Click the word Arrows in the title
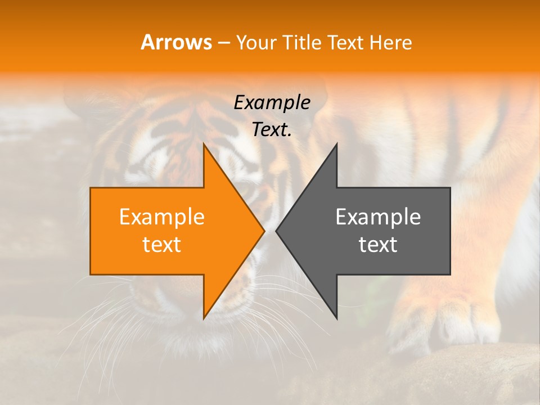176,42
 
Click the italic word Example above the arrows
272,103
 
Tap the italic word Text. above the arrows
272,130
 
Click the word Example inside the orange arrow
162,217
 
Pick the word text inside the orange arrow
162,245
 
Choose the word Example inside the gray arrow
378,217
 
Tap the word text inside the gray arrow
378,245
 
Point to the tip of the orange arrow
263,231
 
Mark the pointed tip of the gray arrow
277,231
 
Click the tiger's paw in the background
450,321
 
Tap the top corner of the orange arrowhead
204,145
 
